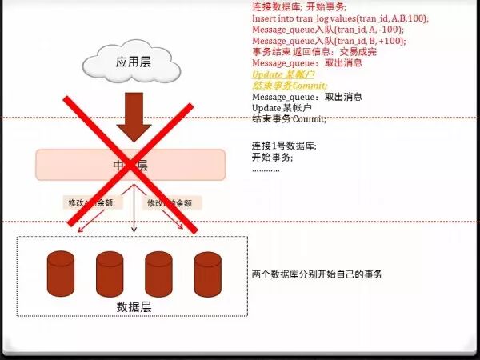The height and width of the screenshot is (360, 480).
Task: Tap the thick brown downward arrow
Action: tap(134, 116)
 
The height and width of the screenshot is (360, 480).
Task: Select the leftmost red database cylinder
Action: tap(61, 274)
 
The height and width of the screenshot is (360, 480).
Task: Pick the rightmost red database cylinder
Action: tap(207, 274)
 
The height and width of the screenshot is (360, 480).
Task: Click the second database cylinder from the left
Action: tap(110, 274)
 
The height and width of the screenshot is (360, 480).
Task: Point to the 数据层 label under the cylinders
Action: tap(133, 306)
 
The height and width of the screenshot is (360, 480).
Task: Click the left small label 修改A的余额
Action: tap(88, 203)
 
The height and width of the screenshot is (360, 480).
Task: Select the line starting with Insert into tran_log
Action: tap(340, 18)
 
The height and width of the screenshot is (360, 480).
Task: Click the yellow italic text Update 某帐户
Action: tap(281, 74)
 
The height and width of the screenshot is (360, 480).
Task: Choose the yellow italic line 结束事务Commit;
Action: tap(290, 85)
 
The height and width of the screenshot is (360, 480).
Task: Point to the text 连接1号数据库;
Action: tap(284, 146)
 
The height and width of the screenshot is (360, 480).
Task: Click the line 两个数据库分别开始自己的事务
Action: tap(317, 274)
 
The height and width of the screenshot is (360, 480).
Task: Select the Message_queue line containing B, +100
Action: tap(328, 40)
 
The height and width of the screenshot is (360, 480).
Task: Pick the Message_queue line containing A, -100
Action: tap(327, 29)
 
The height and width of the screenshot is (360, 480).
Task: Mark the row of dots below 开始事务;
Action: tap(266, 169)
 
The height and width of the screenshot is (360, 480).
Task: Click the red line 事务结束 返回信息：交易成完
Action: tap(314, 51)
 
